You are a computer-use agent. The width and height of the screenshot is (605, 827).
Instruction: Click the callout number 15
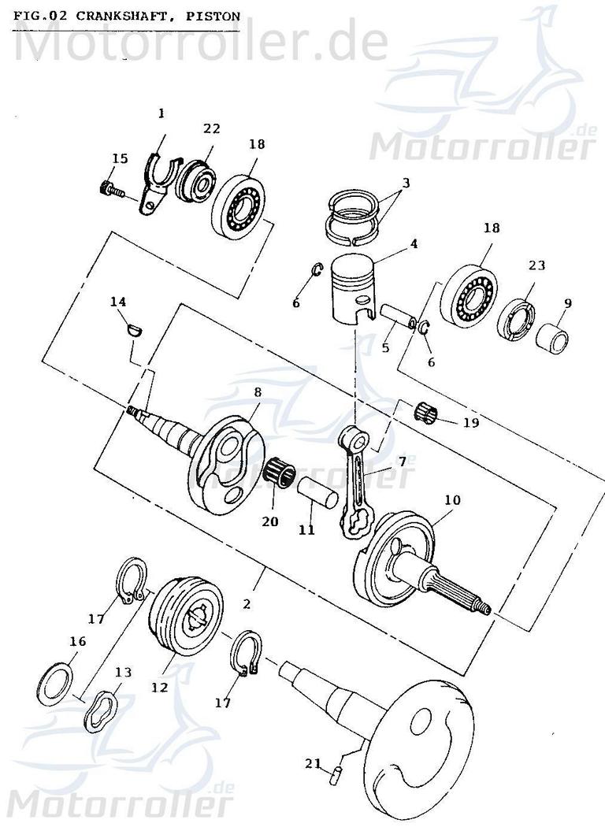(119, 159)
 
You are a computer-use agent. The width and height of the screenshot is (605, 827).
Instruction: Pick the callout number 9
(568, 302)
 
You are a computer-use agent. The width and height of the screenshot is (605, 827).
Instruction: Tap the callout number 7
(402, 462)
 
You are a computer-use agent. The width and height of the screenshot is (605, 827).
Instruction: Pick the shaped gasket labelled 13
(101, 706)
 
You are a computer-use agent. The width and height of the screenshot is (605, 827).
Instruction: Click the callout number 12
(159, 687)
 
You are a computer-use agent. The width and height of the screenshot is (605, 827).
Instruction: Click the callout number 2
(247, 604)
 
